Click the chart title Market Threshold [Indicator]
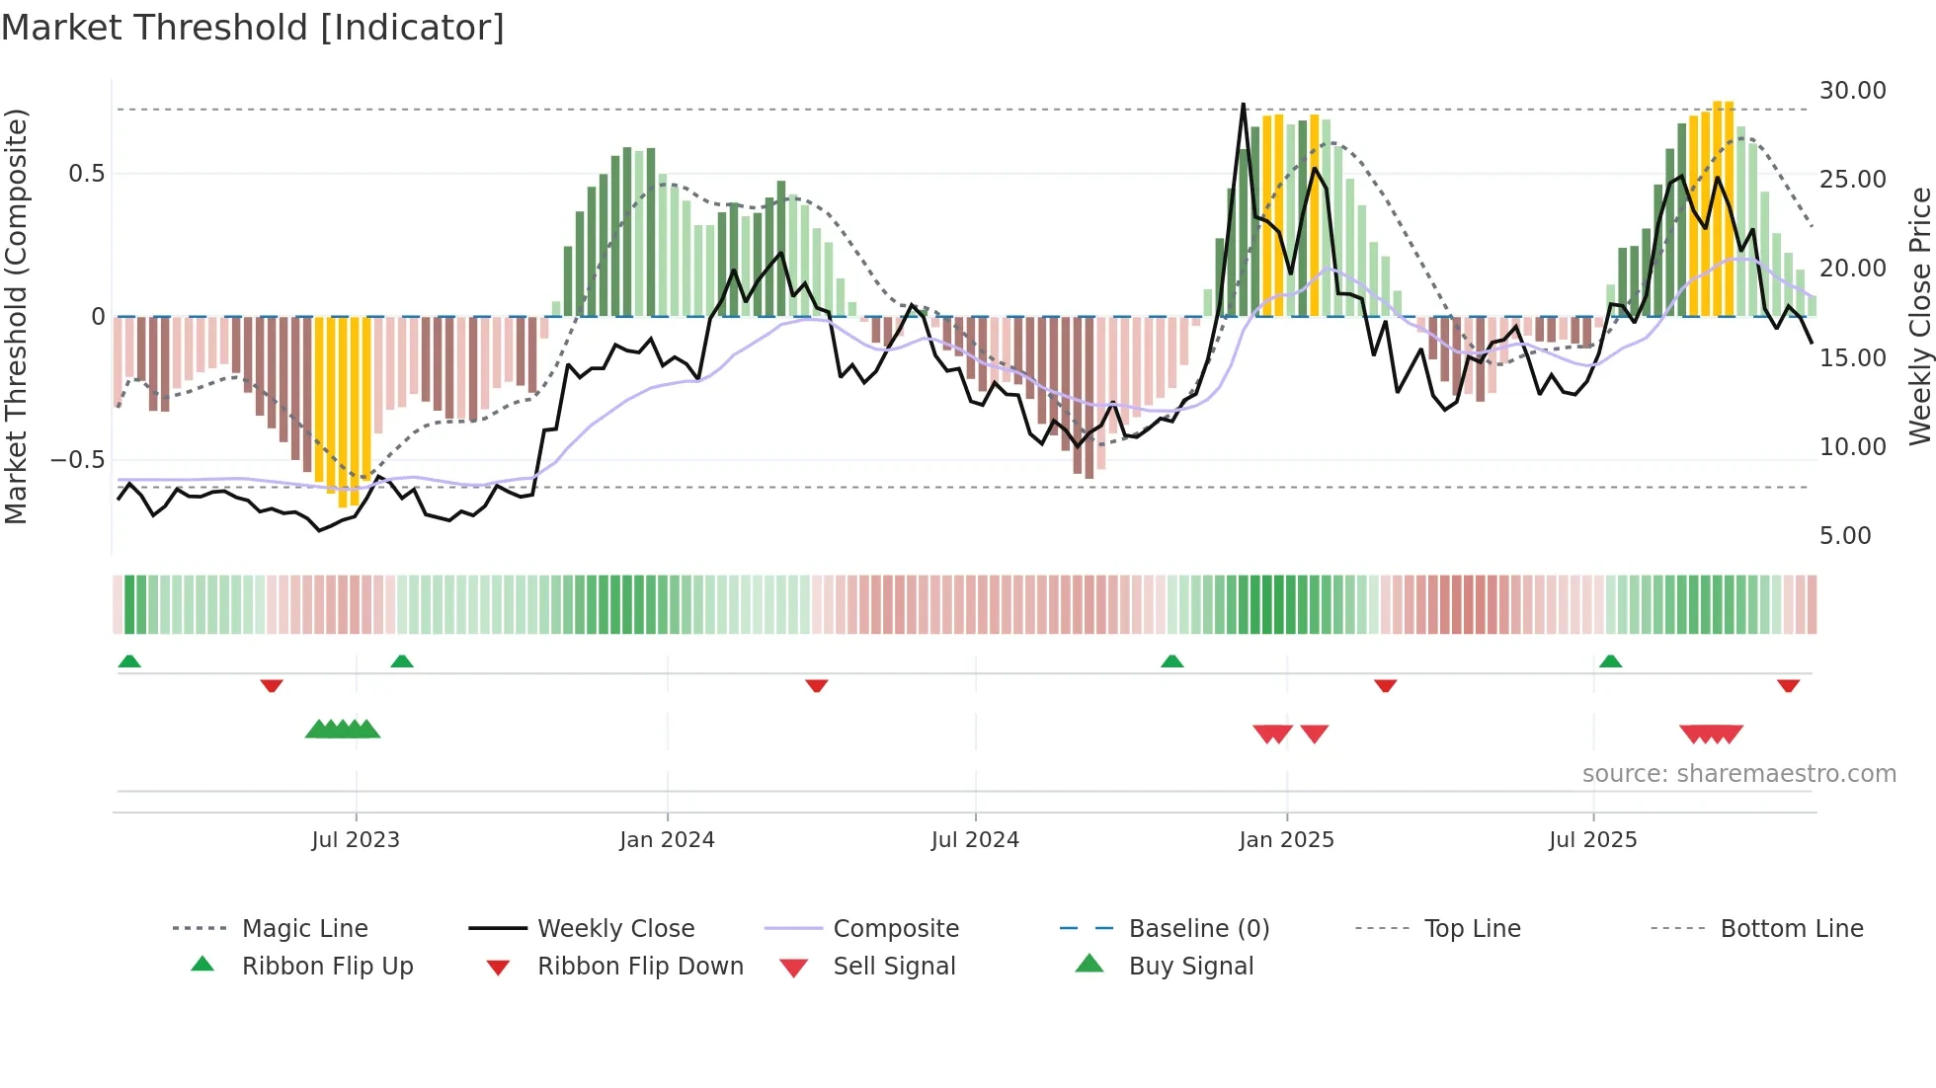pyautogui.click(x=253, y=28)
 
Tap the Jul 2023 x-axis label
pyautogui.click(x=356, y=840)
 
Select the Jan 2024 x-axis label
pyautogui.click(x=667, y=840)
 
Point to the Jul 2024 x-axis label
pyautogui.click(x=975, y=840)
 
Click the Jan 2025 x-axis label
pyautogui.click(x=1286, y=840)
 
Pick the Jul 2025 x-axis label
pyautogui.click(x=1592, y=840)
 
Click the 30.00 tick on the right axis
pyautogui.click(x=1852, y=91)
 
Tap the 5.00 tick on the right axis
pyautogui.click(x=1845, y=536)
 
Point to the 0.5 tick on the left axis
pyautogui.click(x=86, y=174)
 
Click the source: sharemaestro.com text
pyautogui.click(x=1738, y=774)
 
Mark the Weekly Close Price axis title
pyautogui.click(x=1919, y=316)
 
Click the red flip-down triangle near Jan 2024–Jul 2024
pyautogui.click(x=816, y=685)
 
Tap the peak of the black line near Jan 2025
pyautogui.click(x=1243, y=104)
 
